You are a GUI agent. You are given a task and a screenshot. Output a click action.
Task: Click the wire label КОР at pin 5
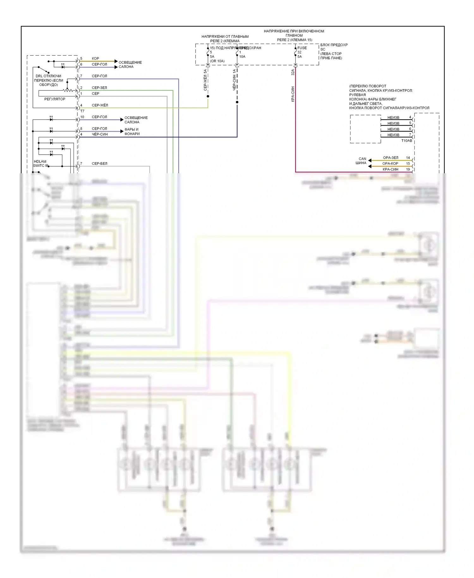pos(95,58)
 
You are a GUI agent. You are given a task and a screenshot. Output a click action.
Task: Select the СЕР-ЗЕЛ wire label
pos(99,88)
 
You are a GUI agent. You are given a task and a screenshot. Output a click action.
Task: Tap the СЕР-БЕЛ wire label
pos(99,163)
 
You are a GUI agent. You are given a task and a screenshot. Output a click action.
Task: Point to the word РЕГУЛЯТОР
pos(55,99)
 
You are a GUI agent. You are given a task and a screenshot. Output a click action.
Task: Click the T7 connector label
pos(82,111)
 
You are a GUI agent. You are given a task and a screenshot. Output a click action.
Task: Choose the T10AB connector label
pos(407,141)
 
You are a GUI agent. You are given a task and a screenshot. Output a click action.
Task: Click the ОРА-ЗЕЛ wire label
pos(391,157)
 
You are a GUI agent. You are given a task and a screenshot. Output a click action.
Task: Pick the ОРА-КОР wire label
pos(390,163)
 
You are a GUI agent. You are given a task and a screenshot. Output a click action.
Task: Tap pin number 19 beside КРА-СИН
pos(408,169)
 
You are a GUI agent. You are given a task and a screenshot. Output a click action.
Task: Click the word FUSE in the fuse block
pos(302,48)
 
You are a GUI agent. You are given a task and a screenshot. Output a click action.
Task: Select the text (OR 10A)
pos(217,61)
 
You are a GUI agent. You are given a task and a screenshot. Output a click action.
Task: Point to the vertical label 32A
pos(293,72)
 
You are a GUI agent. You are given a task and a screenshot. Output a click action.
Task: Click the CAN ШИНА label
pos(361,161)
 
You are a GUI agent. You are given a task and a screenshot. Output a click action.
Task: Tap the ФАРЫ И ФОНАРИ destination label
pos(132,132)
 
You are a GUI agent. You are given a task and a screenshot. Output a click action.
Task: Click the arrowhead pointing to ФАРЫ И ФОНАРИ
pos(122,131)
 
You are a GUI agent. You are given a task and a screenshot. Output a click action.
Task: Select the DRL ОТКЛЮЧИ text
pos(48,76)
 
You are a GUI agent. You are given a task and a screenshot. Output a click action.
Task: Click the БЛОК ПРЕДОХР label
pos(334,45)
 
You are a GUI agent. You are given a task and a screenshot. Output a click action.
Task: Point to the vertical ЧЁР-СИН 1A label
pos(234,80)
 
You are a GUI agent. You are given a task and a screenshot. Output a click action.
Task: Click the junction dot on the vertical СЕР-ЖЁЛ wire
pos(208,96)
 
